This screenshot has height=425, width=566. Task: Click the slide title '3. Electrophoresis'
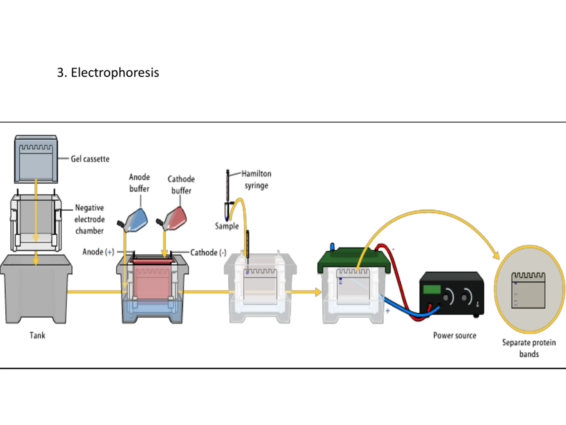coord(108,73)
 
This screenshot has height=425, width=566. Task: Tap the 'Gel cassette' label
coord(90,159)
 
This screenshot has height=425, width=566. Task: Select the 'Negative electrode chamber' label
coord(89,219)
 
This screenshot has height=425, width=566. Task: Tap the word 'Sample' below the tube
coord(227,226)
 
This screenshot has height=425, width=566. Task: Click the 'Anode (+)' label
coord(98,252)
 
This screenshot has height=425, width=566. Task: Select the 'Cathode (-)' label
coord(208,253)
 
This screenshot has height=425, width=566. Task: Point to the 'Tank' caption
coord(37,335)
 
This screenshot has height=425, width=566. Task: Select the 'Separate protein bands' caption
coord(529,348)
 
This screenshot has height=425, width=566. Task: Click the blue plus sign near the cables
coord(388,311)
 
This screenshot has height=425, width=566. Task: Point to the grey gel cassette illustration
coord(36,159)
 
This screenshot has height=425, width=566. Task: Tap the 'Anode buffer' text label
coord(139,183)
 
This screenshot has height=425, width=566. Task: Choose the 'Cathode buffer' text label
coord(181,185)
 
